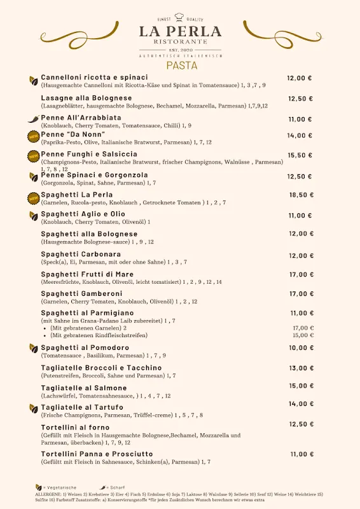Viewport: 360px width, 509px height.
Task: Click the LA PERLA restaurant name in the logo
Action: (x=180, y=32)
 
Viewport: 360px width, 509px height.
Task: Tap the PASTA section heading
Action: (x=181, y=65)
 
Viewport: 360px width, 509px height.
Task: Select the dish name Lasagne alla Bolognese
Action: (x=87, y=98)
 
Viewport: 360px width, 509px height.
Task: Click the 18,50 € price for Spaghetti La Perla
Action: (x=301, y=195)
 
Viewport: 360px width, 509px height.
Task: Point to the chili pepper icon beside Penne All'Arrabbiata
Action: (x=33, y=119)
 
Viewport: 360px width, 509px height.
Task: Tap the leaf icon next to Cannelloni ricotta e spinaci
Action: (x=33, y=81)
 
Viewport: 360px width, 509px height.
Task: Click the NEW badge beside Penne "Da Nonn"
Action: (x=33, y=136)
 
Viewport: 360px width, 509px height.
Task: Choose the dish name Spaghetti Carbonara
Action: (x=81, y=254)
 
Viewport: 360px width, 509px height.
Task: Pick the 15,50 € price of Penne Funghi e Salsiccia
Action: (x=300, y=155)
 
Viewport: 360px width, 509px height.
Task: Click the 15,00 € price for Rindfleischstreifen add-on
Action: (x=303, y=335)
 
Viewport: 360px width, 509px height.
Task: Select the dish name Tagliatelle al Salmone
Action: (x=84, y=388)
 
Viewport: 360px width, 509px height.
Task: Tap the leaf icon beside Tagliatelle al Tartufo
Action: (x=33, y=408)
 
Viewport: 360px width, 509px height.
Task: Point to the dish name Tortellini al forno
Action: (x=75, y=427)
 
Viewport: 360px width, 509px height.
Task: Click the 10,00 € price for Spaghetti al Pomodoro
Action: (x=301, y=348)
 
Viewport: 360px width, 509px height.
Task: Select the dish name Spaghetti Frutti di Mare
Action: (x=87, y=274)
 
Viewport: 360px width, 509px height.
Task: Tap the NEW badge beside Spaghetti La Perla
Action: (x=33, y=198)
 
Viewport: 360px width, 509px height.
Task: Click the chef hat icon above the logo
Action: (x=180, y=17)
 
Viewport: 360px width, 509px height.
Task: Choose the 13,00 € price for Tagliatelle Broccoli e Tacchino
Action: (x=301, y=368)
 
